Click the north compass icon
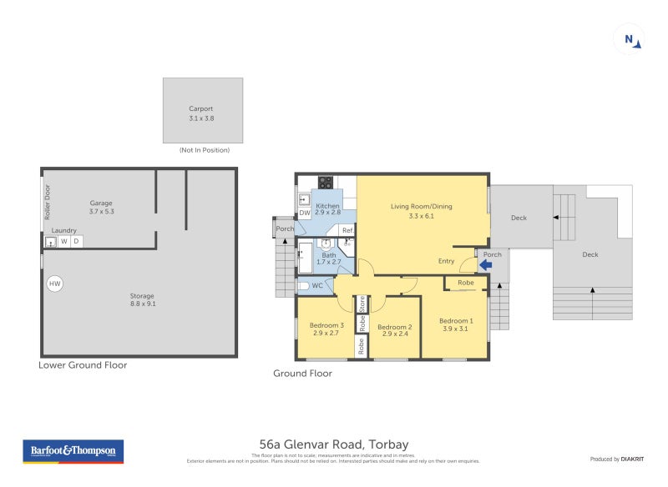(x=629, y=38)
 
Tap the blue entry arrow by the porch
(x=484, y=266)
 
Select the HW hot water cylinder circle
(x=55, y=284)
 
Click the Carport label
(x=201, y=108)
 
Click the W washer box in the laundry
(x=63, y=242)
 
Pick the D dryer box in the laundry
(x=76, y=242)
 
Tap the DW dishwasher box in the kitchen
(x=305, y=213)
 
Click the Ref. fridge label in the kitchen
(x=347, y=230)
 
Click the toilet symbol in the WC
(x=303, y=286)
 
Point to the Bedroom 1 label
(x=456, y=321)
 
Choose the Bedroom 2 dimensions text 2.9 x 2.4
(x=395, y=334)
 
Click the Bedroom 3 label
(x=326, y=325)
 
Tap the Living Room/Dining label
(x=421, y=206)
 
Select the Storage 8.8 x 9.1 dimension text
(x=143, y=304)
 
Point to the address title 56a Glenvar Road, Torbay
(x=334, y=444)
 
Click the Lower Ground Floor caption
(x=83, y=365)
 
